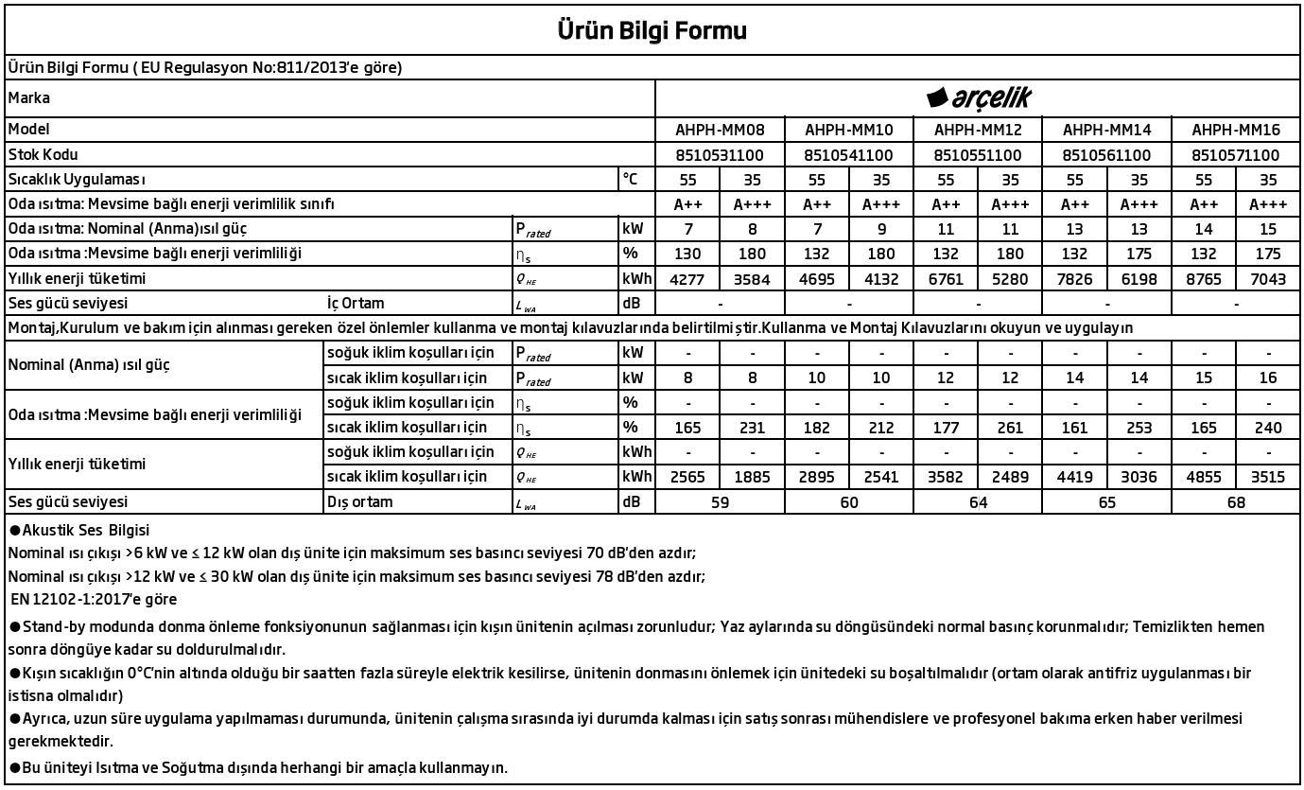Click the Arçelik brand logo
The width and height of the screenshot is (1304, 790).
978,97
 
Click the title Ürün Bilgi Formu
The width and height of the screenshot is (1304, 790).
652,31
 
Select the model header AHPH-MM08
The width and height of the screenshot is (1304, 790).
720,130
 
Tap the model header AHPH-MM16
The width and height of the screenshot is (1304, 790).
1235,130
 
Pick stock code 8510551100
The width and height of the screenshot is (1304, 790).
978,155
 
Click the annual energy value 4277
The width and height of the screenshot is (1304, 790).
688,279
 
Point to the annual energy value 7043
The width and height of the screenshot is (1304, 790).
1267,279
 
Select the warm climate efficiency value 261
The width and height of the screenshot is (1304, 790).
1010,428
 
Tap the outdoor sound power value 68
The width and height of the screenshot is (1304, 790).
1235,502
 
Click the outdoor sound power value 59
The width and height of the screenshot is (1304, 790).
720,502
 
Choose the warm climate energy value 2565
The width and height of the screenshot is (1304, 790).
688,477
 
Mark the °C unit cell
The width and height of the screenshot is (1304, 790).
632,179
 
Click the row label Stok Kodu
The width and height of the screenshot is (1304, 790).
43,154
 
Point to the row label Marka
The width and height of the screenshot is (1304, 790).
29,98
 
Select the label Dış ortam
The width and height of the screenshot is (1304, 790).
359,502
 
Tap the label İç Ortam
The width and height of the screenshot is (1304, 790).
356,304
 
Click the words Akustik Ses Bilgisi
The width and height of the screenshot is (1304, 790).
85,531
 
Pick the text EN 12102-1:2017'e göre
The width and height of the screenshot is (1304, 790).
95,599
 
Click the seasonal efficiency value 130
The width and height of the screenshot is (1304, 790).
688,254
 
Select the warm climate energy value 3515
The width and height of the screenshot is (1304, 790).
1267,477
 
